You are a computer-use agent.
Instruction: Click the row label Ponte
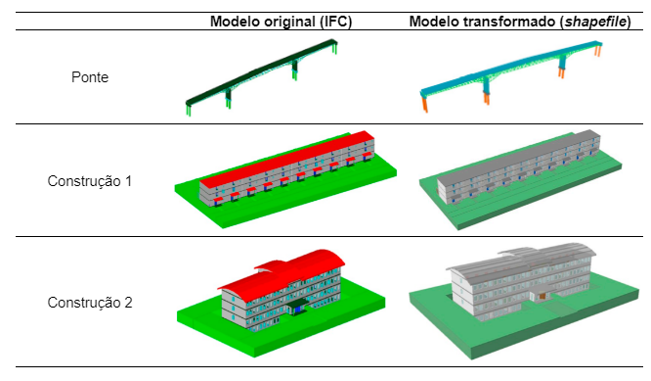90,77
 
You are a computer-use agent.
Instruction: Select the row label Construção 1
90,181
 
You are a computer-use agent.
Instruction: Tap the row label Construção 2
90,303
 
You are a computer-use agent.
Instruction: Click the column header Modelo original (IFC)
282,22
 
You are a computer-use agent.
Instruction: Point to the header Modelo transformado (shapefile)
520,22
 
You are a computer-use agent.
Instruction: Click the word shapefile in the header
596,22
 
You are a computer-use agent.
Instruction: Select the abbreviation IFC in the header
335,22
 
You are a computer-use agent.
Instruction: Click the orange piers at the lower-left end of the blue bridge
425,105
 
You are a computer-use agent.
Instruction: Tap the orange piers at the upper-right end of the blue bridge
598,51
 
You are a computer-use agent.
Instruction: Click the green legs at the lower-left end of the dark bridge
189,110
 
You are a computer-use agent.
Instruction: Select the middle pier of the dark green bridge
228,99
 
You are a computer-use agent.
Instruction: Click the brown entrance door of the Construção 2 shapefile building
542,297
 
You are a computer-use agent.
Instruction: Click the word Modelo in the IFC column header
235,22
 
